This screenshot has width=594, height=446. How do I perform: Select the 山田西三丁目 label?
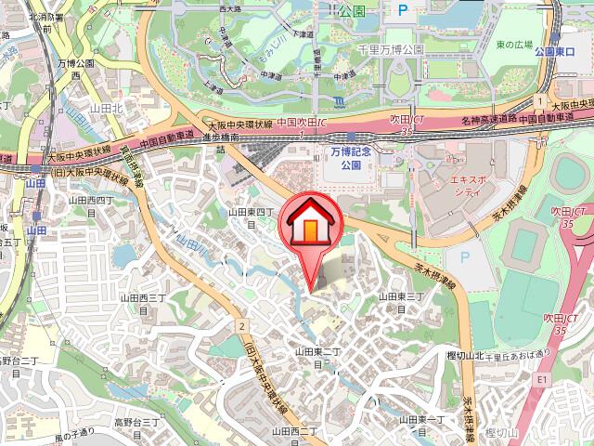coord(143,304)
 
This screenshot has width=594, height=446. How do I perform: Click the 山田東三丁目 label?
coord(401,302)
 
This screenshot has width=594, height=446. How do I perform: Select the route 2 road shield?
coord(240,325)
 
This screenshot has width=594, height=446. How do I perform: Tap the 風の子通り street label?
coord(76,432)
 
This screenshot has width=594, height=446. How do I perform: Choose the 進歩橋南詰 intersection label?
coord(221,141)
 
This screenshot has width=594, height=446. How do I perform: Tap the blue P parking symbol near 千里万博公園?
coord(403,11)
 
